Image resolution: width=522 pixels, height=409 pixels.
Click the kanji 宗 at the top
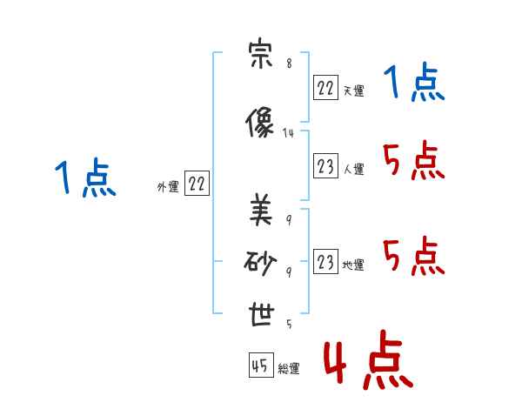pyautogui.click(x=260, y=53)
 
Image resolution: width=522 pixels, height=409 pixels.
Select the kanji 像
pyautogui.click(x=259, y=123)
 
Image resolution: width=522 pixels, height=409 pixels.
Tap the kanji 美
pyautogui.click(x=261, y=211)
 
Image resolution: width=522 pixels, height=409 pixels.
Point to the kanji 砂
pyautogui.click(x=260, y=263)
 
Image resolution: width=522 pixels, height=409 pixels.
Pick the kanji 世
pyautogui.click(x=262, y=315)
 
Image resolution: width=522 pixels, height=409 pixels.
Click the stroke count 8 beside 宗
pyautogui.click(x=289, y=64)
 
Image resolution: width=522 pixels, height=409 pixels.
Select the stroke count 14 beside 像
pyautogui.click(x=288, y=133)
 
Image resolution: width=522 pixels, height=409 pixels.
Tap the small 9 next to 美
pyautogui.click(x=289, y=220)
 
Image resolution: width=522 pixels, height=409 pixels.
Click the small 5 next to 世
pyautogui.click(x=289, y=324)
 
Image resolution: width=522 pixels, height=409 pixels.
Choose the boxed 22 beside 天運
pyautogui.click(x=325, y=88)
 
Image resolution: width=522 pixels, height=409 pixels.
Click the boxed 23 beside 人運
pyautogui.click(x=325, y=165)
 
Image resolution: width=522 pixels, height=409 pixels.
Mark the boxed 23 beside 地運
pyautogui.click(x=325, y=261)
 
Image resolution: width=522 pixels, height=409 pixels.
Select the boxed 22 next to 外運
pyautogui.click(x=197, y=184)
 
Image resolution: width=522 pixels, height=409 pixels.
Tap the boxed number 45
pyautogui.click(x=261, y=365)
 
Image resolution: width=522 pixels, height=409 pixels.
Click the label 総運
pyautogui.click(x=289, y=369)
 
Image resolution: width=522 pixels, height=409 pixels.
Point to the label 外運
pyautogui.click(x=168, y=187)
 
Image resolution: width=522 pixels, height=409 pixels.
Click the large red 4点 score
pyautogui.click(x=369, y=360)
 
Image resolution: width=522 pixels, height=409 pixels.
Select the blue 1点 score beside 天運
pyautogui.click(x=414, y=83)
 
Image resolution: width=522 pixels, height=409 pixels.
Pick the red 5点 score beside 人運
pyautogui.click(x=414, y=160)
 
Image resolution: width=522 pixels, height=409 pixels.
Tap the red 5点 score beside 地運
pyautogui.click(x=414, y=256)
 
